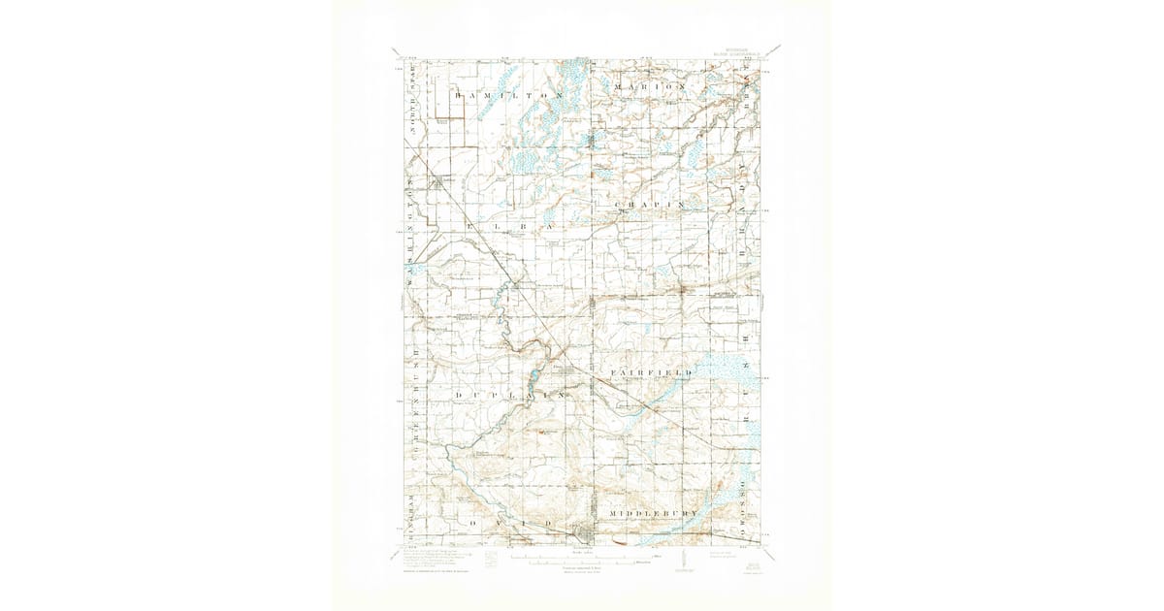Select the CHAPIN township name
pyautogui.click(x=650, y=205)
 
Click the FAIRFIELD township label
pyautogui.click(x=651, y=372)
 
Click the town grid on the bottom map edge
pyautogui.click(x=583, y=531)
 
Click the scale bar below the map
pyautogui.click(x=582, y=562)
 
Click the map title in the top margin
pyautogui.click(x=582, y=45)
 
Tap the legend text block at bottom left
pyautogui.click(x=436, y=561)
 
